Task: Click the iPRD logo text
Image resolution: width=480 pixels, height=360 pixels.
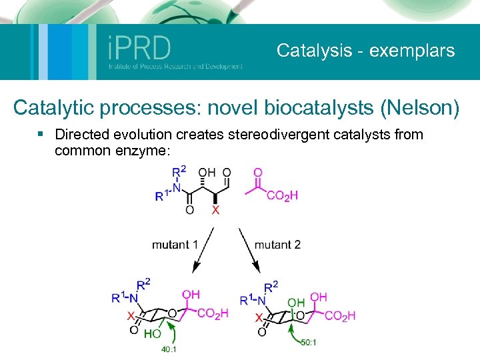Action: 139,47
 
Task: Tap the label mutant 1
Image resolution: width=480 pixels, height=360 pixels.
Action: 175,245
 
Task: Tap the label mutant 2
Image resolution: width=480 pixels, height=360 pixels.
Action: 277,245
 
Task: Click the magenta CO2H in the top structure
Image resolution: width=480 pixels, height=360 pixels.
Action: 282,195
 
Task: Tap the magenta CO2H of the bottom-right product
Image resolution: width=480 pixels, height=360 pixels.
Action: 341,315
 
